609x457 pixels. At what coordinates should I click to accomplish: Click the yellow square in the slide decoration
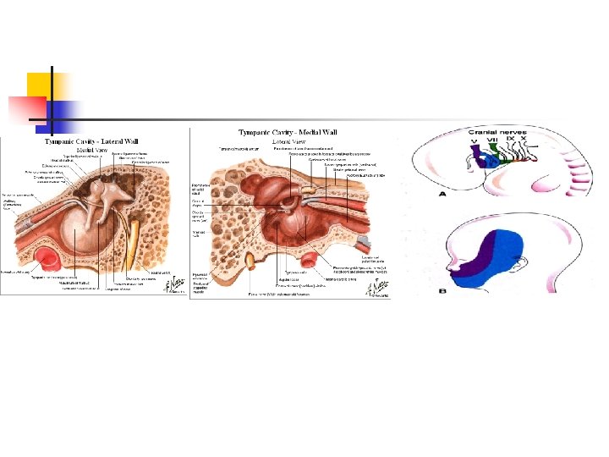click(x=42, y=85)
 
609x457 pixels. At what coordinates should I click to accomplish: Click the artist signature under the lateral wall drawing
click(x=176, y=285)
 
